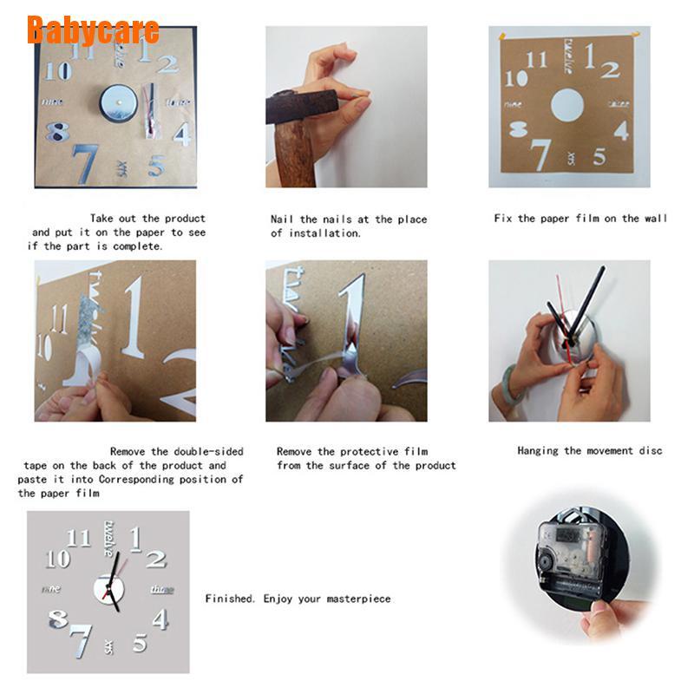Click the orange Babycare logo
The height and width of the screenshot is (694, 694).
(93, 29)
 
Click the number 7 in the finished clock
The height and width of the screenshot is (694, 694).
(81, 639)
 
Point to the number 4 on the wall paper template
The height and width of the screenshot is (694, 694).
(621, 130)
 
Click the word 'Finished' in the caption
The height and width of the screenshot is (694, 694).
(231, 599)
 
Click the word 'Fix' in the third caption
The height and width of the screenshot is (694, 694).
(503, 219)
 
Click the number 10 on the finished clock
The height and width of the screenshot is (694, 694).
(57, 560)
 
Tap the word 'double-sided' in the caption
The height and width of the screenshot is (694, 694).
(208, 451)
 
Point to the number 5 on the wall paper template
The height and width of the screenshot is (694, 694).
(599, 156)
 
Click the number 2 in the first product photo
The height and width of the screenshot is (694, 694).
(167, 63)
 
